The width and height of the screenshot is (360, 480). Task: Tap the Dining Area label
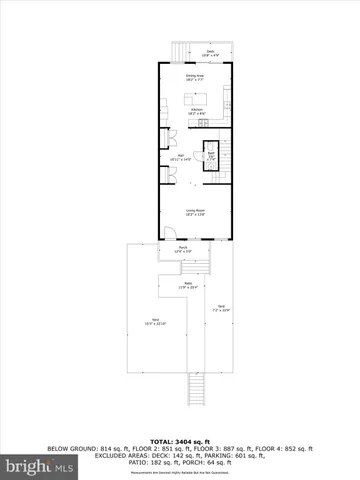(x=196, y=76)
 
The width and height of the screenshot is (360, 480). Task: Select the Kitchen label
(x=198, y=112)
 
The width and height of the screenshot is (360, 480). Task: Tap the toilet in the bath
(x=212, y=147)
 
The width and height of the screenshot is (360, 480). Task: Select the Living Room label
(x=196, y=211)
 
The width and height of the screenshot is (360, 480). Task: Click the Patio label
(x=184, y=287)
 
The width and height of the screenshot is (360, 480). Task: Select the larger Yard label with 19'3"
(x=155, y=323)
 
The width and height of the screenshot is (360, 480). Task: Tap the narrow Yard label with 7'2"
(x=222, y=309)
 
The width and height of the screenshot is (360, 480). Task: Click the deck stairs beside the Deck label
(x=179, y=51)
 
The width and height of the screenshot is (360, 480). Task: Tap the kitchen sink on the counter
(x=228, y=97)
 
